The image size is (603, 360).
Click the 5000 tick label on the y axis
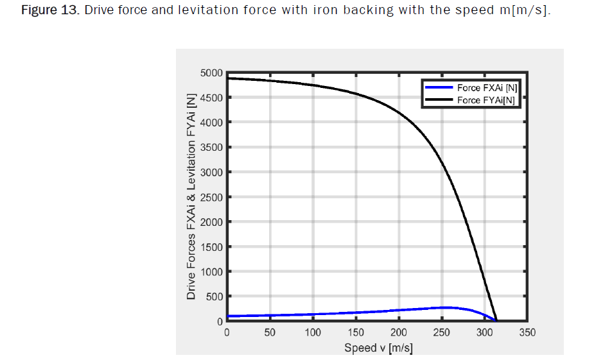point(211,73)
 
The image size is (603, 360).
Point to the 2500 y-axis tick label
point(211,197)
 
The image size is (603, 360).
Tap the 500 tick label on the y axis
point(214,296)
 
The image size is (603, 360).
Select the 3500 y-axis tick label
point(211,148)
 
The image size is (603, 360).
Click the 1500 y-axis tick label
point(211,247)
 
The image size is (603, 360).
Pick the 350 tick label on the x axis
point(527,332)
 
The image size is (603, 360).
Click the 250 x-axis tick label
point(441,332)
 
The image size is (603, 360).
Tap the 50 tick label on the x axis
point(270,332)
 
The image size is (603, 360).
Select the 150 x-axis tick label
point(355,332)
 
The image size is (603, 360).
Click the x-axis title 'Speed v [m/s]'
point(378,348)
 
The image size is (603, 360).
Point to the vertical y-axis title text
point(191,196)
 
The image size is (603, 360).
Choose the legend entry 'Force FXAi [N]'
point(487,87)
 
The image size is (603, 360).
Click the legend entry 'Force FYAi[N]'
point(486,100)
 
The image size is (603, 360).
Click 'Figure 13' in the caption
point(44,12)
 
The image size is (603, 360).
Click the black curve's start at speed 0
point(227,78)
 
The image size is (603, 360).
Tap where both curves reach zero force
point(496,320)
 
